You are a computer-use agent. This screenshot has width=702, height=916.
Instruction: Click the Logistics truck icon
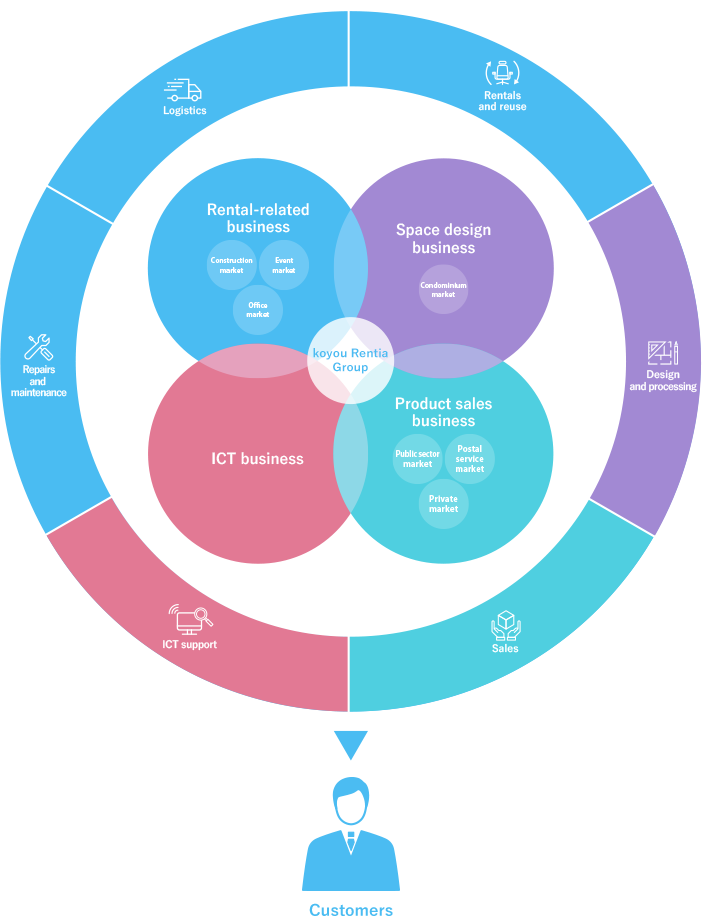(x=184, y=90)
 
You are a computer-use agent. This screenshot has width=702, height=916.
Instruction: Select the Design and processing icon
(x=662, y=353)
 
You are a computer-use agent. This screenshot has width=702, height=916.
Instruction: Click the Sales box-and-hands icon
(x=505, y=626)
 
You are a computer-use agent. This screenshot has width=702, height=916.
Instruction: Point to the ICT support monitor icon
(x=189, y=619)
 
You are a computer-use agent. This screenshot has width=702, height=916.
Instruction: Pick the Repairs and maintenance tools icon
(x=38, y=347)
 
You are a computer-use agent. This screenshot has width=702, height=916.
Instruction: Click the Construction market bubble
(x=232, y=265)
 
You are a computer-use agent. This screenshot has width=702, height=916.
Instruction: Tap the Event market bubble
(x=284, y=265)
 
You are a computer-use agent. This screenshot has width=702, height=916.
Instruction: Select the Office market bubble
(x=258, y=310)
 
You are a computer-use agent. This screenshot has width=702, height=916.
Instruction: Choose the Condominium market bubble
(x=443, y=289)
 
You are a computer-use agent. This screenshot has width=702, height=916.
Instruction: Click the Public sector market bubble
(x=417, y=459)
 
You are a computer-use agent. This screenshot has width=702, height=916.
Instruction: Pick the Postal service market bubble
(x=469, y=459)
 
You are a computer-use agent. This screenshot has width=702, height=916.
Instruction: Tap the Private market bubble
(x=443, y=504)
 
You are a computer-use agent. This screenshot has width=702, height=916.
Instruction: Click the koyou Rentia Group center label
(x=350, y=361)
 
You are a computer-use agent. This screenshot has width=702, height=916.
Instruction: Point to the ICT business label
(x=257, y=459)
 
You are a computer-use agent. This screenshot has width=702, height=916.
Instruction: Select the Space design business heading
(x=443, y=238)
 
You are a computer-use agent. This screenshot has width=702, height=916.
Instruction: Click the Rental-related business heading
(x=258, y=218)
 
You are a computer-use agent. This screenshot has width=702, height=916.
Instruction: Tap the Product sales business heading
(x=443, y=412)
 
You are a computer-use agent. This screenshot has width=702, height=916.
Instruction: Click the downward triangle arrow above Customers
(x=351, y=744)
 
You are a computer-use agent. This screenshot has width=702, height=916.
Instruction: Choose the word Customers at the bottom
(x=351, y=910)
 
